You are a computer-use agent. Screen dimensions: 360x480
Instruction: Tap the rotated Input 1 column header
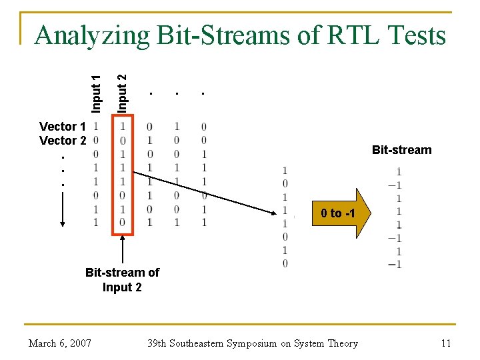point(97,93)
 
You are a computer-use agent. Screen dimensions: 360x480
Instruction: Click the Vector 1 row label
point(63,127)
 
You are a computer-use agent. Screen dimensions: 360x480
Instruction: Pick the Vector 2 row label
point(63,141)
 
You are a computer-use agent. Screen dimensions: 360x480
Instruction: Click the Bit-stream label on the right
point(401,150)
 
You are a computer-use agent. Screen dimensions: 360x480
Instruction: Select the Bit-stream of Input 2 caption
point(122,280)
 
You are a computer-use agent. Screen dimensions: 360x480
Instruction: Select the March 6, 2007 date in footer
point(60,343)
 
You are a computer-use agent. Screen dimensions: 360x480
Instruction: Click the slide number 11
point(446,343)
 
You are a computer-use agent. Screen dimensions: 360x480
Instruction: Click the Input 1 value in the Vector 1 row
point(97,127)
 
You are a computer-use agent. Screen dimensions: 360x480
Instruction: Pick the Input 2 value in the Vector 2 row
point(123,141)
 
